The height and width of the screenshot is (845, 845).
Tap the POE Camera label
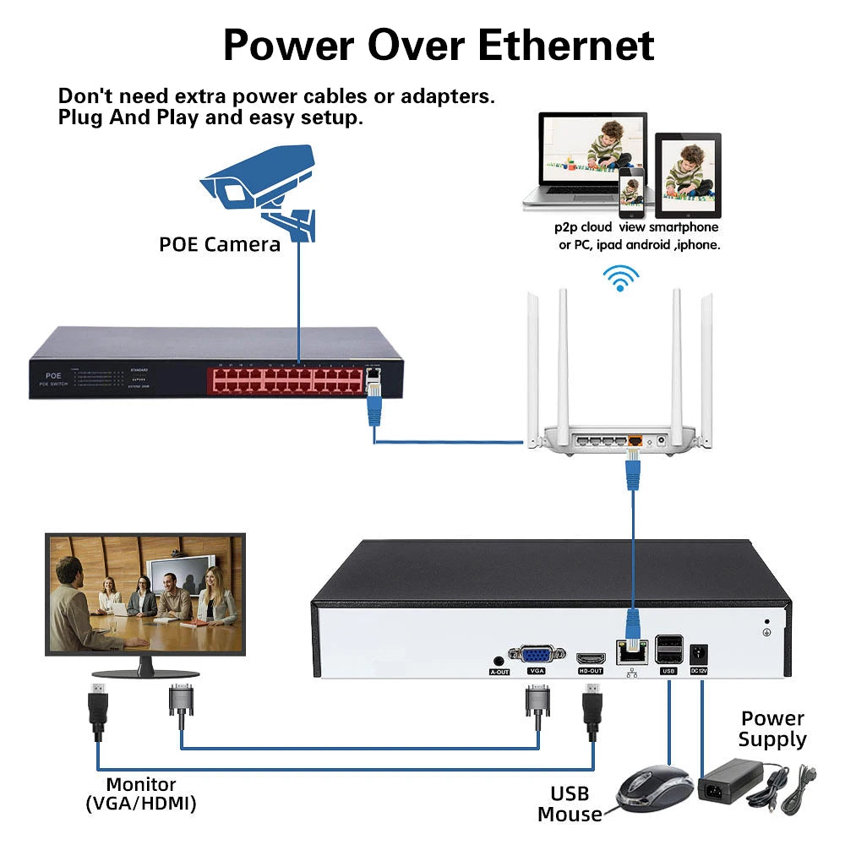(220, 244)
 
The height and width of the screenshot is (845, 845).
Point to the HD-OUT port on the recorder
(591, 657)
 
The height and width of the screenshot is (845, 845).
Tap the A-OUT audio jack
(499, 662)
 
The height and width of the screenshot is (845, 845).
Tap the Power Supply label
(772, 729)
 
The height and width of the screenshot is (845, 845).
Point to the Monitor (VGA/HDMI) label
(141, 794)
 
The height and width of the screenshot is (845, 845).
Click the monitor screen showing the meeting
(144, 592)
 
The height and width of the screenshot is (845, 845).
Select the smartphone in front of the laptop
(630, 192)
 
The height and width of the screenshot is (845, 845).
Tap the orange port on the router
(635, 440)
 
